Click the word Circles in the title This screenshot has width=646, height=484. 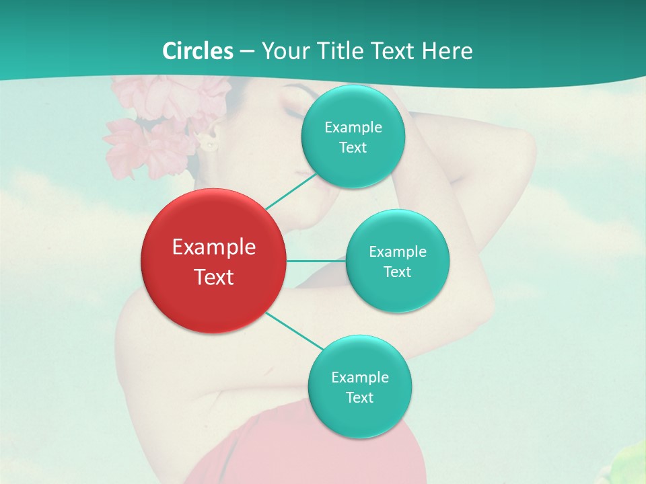click(x=198, y=51)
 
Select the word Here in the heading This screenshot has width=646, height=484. click(x=447, y=51)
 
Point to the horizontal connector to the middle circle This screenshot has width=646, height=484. click(x=316, y=261)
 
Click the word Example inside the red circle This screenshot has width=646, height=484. click(x=214, y=247)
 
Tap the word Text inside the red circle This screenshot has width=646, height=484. click(x=214, y=277)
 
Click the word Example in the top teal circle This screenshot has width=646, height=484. click(x=353, y=128)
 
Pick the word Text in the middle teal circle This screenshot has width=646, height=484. click(x=398, y=272)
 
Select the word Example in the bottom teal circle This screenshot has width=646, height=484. click(x=360, y=378)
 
